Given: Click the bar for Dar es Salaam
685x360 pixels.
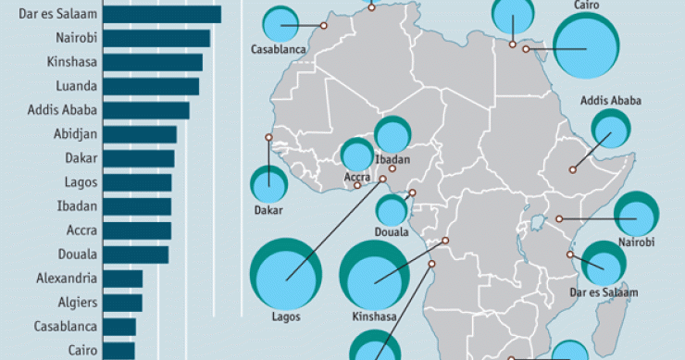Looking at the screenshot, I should pos(161,15).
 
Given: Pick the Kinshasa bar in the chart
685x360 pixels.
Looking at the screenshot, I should pos(152,63).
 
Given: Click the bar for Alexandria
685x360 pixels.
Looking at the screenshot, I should pos(122,279).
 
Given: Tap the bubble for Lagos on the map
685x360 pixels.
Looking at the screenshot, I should pos(286,275).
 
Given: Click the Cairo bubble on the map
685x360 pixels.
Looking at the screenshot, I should pos(587,48).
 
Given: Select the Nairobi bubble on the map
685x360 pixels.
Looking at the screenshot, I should pos(637,216).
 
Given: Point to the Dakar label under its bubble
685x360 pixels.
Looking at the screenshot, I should pos(268,210).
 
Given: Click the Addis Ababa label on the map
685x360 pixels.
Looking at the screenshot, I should pos(611,101).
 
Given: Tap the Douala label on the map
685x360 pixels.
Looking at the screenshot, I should pos(392,232).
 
